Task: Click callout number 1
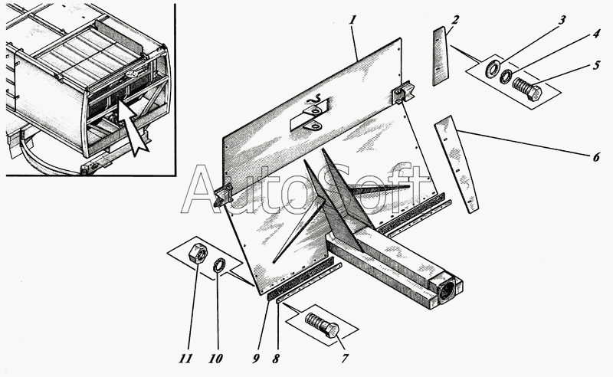tap(352, 19)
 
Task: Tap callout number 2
tap(455, 20)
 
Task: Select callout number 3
tap(562, 20)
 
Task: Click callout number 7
tap(344, 359)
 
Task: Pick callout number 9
tap(256, 359)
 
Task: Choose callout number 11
tap(185, 359)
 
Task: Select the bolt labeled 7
tap(323, 325)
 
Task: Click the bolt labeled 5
tap(527, 88)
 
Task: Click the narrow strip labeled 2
tap(440, 56)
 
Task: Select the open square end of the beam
tap(448, 289)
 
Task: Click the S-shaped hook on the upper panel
tap(315, 100)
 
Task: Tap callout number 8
tap(276, 359)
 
